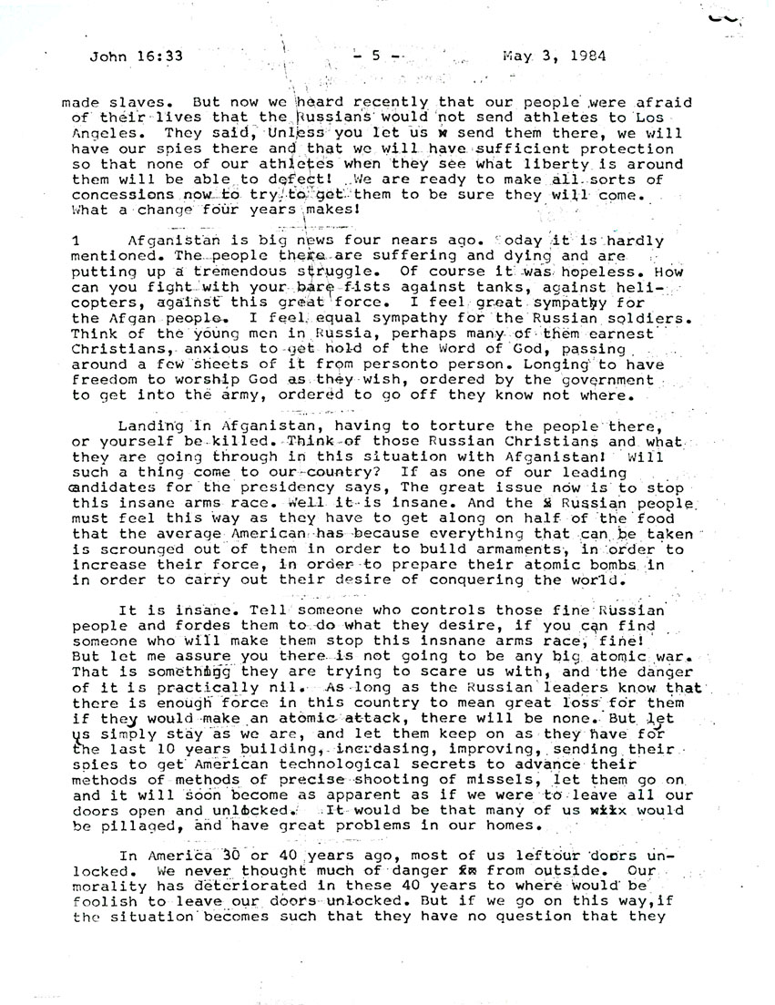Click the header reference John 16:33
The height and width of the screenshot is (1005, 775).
tap(137, 55)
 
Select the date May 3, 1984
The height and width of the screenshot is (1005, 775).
tap(556, 55)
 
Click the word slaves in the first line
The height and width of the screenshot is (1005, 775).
tap(130, 103)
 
